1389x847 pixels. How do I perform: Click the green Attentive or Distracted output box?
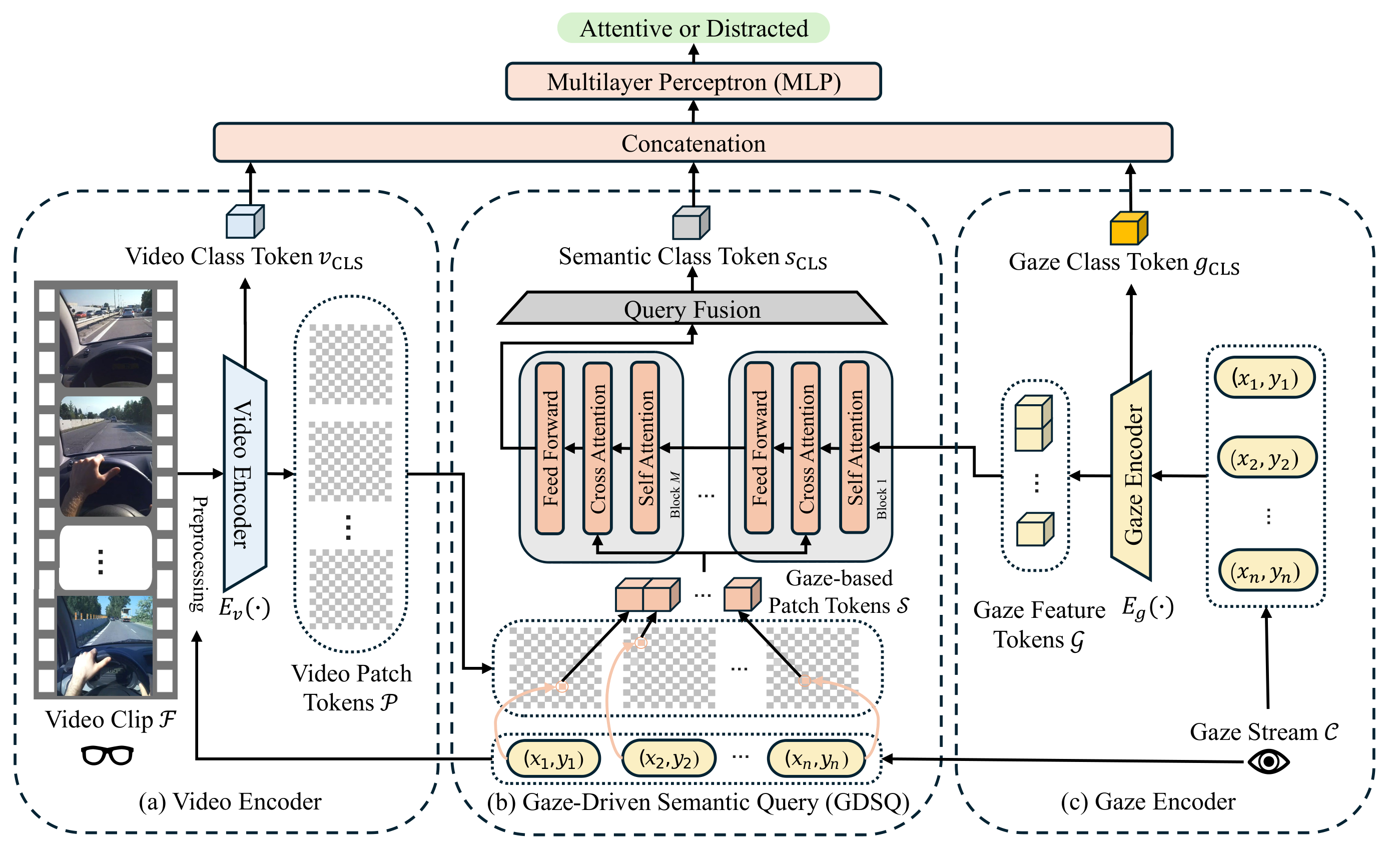tap(693, 28)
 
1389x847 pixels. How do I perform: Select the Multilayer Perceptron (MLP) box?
tap(693, 82)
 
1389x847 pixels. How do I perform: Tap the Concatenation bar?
tap(693, 143)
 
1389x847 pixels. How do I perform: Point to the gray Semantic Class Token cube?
tap(691, 222)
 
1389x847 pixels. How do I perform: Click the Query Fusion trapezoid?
tap(692, 308)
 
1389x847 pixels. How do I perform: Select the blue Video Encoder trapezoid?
tap(245, 473)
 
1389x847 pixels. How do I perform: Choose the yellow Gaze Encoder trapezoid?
tap(1131, 476)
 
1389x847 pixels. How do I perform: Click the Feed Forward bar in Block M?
tap(549, 448)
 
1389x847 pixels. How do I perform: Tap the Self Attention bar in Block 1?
tap(854, 447)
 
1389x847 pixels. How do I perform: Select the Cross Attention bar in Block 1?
tap(806, 448)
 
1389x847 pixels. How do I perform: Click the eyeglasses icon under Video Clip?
tap(107, 755)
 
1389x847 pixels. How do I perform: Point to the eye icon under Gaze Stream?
tap(1268, 762)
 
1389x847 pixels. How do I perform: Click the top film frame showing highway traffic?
tap(106, 338)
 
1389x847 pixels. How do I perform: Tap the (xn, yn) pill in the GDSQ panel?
tap(816, 759)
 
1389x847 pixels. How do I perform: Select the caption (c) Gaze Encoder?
tap(1148, 801)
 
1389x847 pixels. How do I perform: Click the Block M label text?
tap(675, 495)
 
